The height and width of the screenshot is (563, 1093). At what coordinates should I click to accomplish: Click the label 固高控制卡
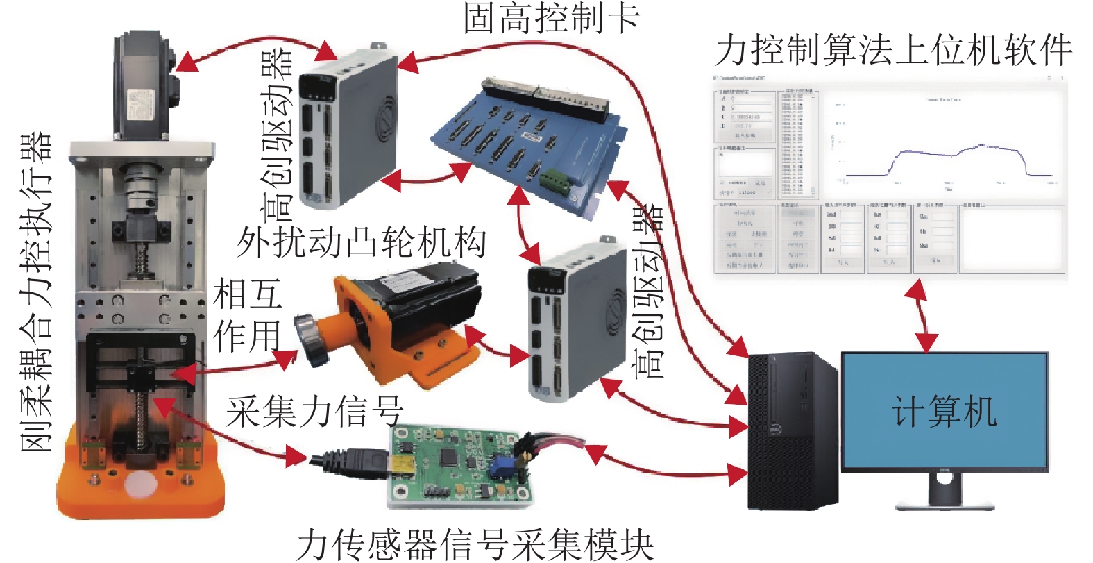click(551, 19)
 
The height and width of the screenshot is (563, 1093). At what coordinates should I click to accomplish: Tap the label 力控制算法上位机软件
click(893, 50)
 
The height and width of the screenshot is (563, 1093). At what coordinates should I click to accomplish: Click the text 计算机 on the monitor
click(944, 411)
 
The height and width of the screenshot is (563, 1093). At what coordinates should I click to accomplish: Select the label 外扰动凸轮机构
click(362, 242)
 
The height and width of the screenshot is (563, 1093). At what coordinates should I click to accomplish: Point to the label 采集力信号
click(314, 411)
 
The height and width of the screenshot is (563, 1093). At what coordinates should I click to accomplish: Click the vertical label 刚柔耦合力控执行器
click(35, 292)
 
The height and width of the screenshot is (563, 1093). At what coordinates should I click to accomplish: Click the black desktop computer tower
click(791, 430)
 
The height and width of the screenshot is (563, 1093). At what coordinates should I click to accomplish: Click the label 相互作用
click(246, 316)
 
